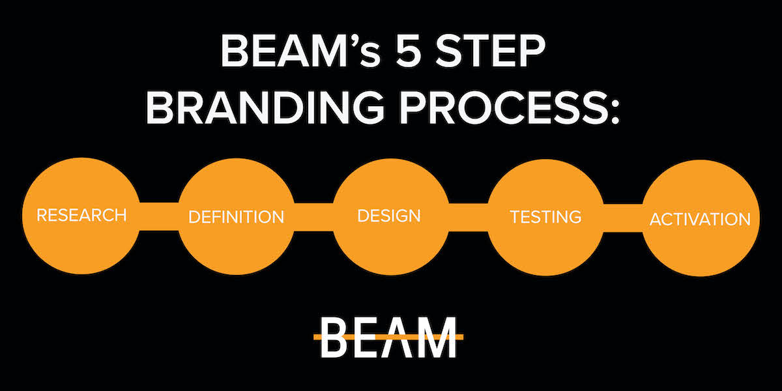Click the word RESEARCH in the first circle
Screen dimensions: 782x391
click(x=81, y=215)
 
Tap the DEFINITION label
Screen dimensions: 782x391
click(x=237, y=217)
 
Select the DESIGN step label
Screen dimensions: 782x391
click(x=389, y=216)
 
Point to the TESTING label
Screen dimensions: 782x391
click(x=545, y=217)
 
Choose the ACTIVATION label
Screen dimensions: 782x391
click(x=700, y=219)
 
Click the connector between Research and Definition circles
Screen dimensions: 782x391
click(x=159, y=216)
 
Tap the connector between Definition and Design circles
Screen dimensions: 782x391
click(x=313, y=217)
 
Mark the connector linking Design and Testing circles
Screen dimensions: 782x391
click(x=468, y=218)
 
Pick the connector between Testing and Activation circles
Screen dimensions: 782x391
click(x=623, y=218)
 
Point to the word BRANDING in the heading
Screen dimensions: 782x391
click(x=265, y=106)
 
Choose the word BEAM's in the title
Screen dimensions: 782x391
click(x=301, y=51)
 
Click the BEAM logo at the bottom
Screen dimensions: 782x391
click(x=388, y=338)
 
